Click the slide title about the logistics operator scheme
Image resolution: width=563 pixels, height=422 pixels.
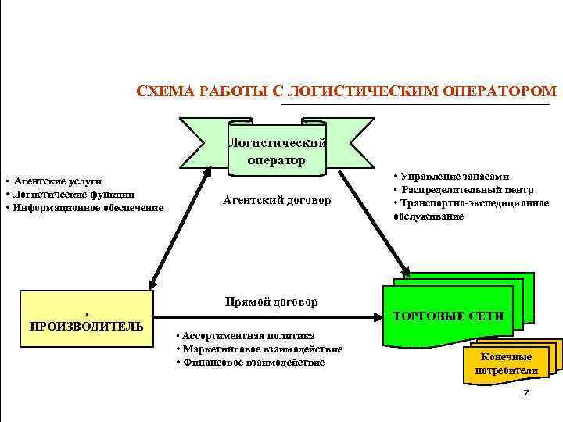coord(342,91)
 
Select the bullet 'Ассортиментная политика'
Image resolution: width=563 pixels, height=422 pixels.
coord(249,335)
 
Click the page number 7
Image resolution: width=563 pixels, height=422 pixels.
coord(525,394)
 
